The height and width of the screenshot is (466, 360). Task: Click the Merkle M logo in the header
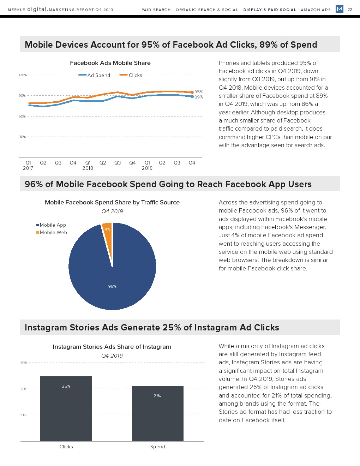click(339, 9)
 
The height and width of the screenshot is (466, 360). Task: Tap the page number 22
click(350, 10)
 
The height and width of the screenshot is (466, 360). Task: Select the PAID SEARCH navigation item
click(156, 10)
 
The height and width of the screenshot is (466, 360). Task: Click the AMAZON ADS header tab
click(316, 10)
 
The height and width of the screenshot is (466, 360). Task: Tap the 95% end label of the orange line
click(199, 92)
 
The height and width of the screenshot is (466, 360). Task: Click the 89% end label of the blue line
click(199, 97)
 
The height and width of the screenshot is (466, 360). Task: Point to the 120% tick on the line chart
click(23, 75)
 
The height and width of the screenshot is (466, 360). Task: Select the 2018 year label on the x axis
click(88, 168)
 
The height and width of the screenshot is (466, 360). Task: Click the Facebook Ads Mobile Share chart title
click(110, 63)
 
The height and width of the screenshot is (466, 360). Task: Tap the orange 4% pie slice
click(107, 233)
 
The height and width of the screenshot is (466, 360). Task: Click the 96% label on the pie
click(112, 286)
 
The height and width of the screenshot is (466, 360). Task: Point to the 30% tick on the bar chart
click(24, 363)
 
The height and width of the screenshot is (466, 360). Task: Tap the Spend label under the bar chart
click(157, 447)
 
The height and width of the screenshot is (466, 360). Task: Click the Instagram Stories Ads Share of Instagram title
click(112, 347)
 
